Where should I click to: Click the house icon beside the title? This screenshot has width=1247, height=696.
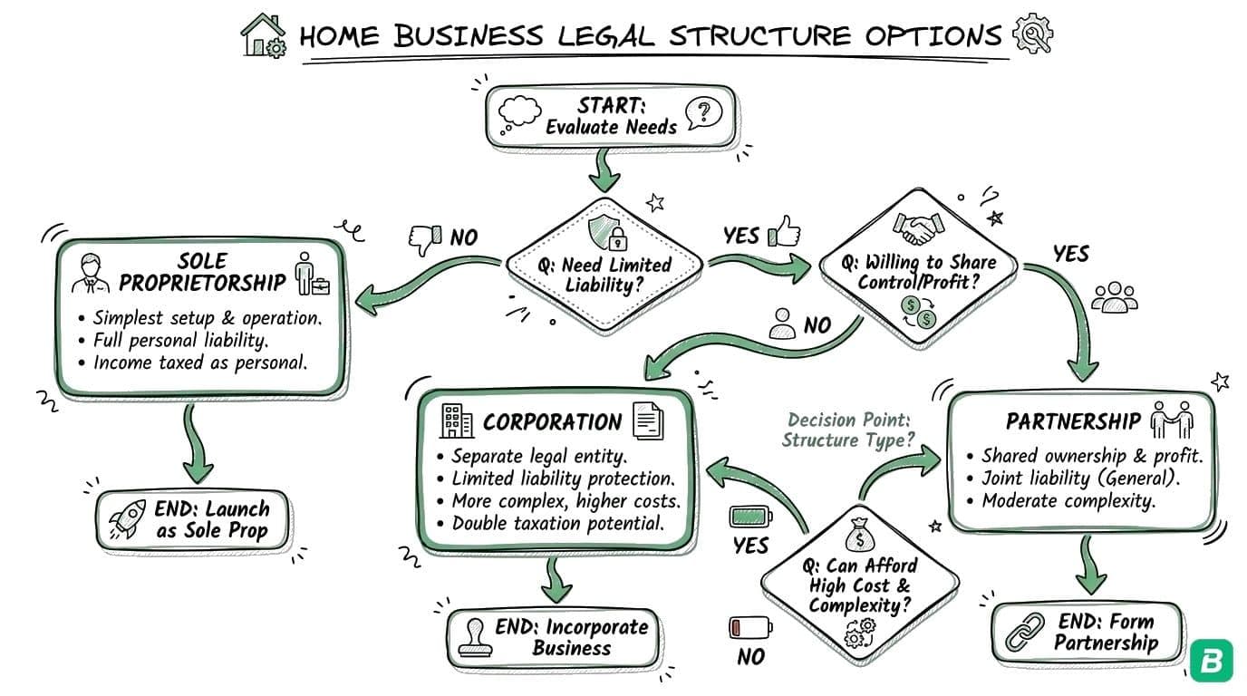263,35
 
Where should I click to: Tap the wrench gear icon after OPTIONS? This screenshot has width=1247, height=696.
1030,34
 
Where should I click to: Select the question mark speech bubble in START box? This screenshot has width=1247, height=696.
704,112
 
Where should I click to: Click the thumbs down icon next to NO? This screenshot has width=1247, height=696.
424,238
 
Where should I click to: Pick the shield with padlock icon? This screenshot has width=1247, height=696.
605,232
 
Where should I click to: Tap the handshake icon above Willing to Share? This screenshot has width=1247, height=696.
913,228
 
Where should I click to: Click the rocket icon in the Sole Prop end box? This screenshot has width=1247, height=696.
125,520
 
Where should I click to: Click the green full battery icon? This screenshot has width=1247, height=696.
751,518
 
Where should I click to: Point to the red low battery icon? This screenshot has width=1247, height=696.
750,627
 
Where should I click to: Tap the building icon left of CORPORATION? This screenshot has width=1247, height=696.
456,420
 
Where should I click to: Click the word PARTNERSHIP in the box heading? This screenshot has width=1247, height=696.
1072,421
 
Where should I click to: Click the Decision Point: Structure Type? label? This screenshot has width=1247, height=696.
848,430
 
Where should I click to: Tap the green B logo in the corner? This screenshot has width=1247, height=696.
1210,662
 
